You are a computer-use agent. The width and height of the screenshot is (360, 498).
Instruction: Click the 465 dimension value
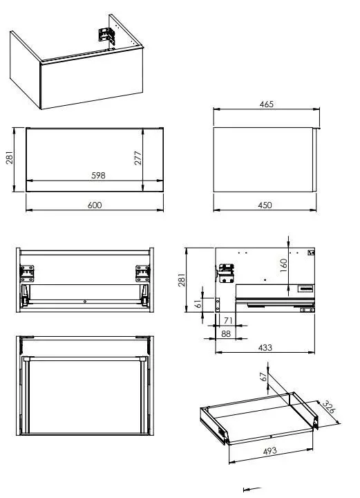(x=267, y=104)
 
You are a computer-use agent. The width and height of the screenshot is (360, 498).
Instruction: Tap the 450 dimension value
(x=265, y=205)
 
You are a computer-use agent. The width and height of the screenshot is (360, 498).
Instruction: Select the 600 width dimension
(x=95, y=205)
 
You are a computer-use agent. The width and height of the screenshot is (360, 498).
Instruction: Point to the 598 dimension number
(x=98, y=175)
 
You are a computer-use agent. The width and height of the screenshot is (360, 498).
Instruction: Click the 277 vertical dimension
(x=138, y=158)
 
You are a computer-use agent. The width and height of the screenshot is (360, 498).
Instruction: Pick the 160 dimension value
(x=283, y=266)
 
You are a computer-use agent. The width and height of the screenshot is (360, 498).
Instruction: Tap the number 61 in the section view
(x=198, y=304)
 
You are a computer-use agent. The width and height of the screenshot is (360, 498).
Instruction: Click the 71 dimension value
(x=229, y=321)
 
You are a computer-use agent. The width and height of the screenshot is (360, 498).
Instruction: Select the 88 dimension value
(x=226, y=334)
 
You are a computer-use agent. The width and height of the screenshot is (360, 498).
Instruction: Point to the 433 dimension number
(x=265, y=348)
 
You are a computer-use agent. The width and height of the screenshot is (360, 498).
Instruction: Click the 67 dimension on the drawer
(x=263, y=377)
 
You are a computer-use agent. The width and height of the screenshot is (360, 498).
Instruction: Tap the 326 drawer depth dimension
(x=328, y=407)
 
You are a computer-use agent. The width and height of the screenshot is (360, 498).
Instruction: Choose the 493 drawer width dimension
(x=270, y=451)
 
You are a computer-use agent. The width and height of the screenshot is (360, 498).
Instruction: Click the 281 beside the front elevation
(x=10, y=158)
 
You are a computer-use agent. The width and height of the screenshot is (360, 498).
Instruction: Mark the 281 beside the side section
(x=182, y=280)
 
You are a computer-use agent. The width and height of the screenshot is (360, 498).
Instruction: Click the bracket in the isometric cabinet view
(x=106, y=35)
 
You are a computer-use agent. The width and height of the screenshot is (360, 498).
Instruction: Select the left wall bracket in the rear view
(x=27, y=274)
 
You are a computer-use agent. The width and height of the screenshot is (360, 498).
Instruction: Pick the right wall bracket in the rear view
(x=143, y=274)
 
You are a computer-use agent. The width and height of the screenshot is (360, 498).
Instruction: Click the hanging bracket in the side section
(x=227, y=273)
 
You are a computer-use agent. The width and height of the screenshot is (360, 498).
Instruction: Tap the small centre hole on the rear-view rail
(x=85, y=302)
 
